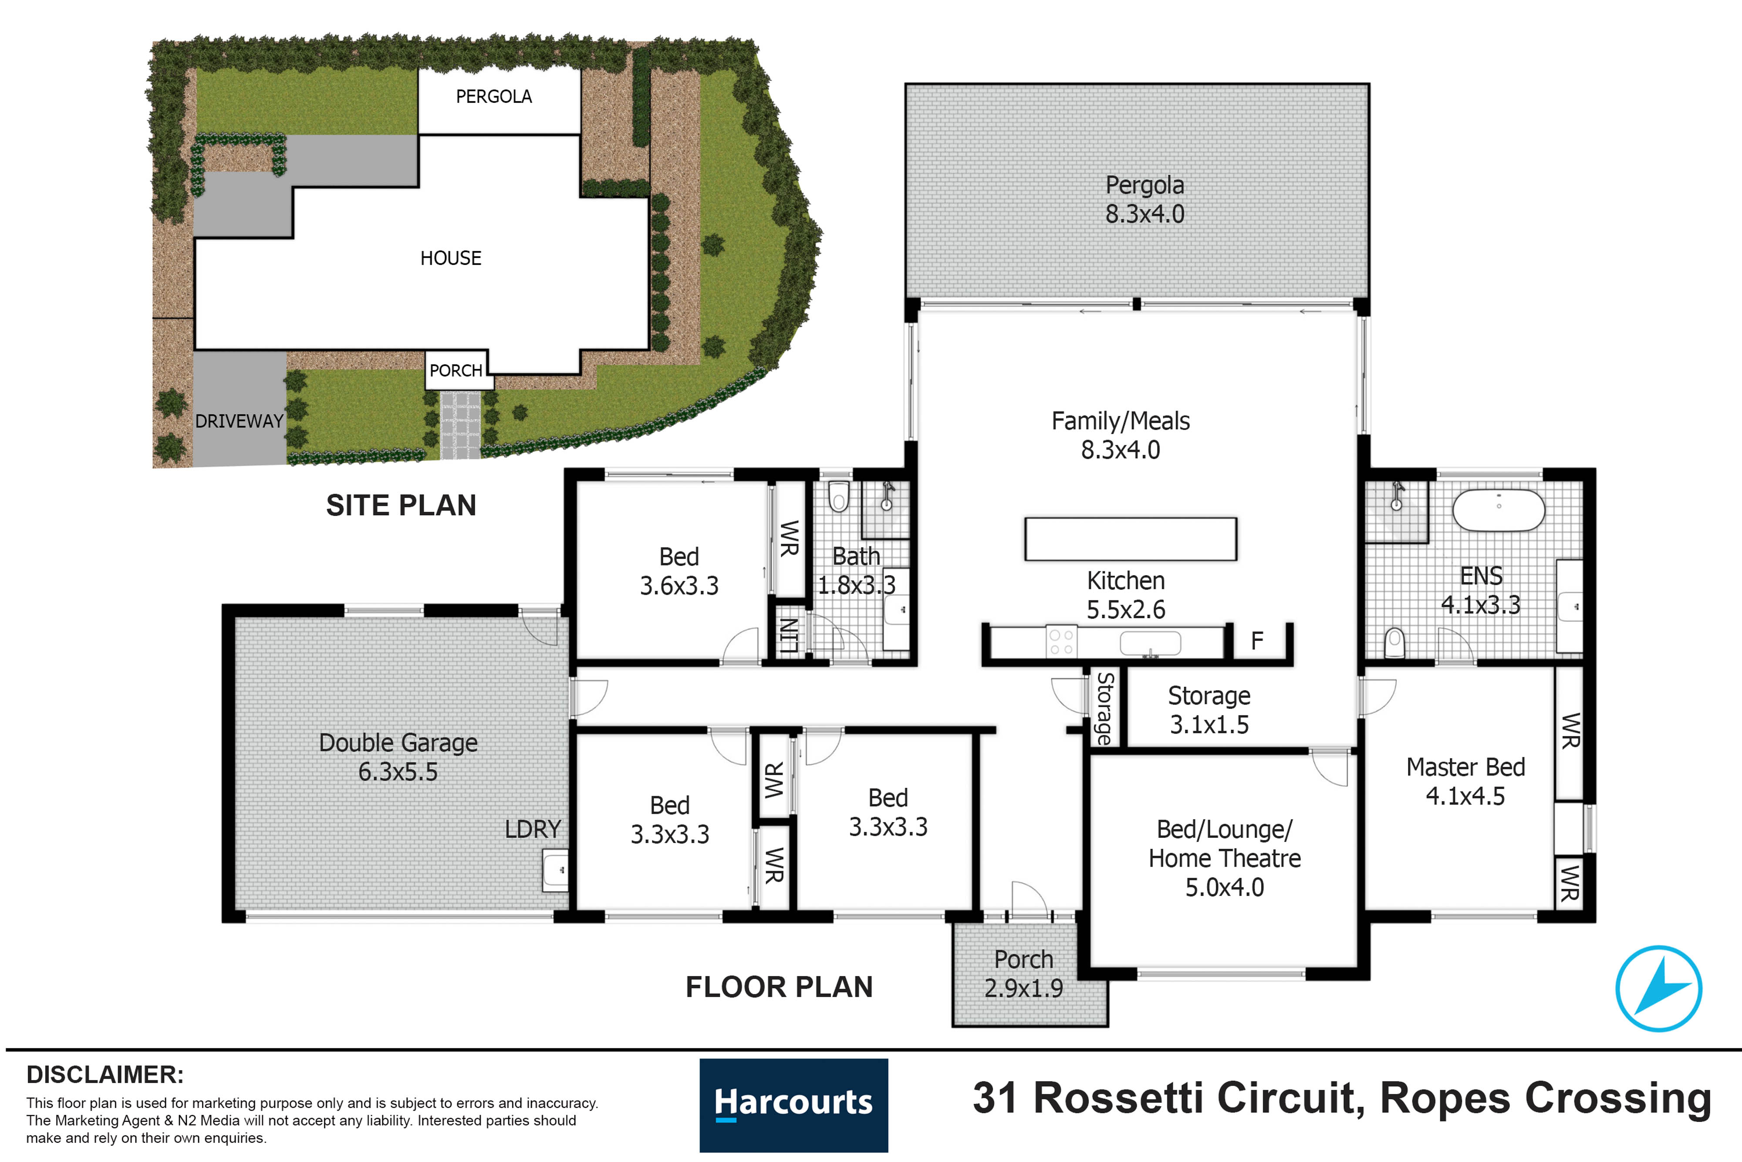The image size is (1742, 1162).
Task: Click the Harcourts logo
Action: tap(793, 1104)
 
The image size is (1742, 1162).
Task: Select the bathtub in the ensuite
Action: tap(1498, 510)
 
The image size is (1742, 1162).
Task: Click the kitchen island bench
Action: tap(1130, 539)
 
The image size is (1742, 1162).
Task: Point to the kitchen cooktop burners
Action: tap(1060, 642)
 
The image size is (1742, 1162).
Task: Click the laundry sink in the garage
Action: tap(556, 870)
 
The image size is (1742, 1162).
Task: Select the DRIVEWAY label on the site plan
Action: tap(239, 421)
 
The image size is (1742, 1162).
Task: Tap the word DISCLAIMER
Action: tap(105, 1074)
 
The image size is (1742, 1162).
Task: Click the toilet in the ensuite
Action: tap(1394, 642)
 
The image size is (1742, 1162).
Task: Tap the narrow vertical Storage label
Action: tap(1104, 708)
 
